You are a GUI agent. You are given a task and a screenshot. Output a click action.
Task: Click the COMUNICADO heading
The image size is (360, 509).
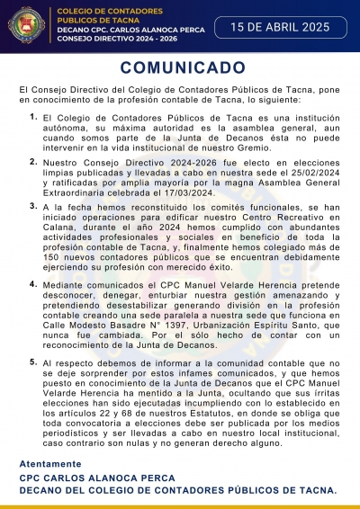tap(181, 68)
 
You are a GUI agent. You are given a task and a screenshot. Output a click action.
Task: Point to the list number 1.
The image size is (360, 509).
tap(33, 117)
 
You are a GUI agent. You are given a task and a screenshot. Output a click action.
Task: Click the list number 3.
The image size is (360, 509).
tap(33, 206)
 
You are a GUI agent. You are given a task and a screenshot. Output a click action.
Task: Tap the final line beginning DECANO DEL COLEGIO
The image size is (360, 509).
tap(177, 491)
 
